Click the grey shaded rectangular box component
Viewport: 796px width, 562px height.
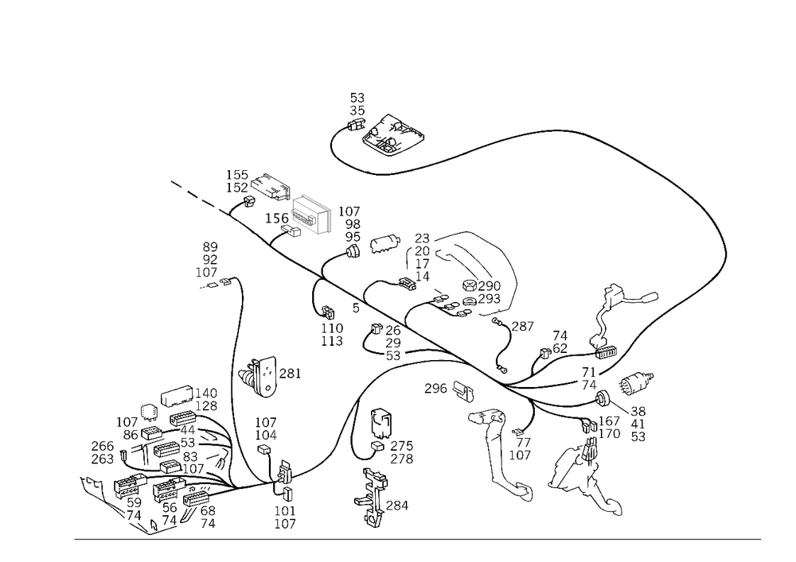308,215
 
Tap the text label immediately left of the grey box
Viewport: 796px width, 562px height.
278,216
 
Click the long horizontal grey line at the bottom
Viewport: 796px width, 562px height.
418,538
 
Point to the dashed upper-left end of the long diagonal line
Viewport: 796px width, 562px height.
177,186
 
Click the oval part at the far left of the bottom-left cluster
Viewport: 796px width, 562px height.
102,452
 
